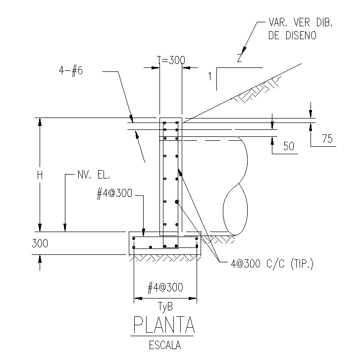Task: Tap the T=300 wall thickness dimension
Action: (x=171, y=60)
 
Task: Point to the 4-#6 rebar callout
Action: (x=70, y=70)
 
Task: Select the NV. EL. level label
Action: (x=93, y=175)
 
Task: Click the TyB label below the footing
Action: (x=165, y=306)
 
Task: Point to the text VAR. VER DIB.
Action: (x=299, y=23)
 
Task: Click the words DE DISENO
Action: (x=292, y=35)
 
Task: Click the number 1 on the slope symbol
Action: (x=210, y=76)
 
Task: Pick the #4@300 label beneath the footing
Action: (x=165, y=287)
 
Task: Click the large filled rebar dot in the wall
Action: (x=177, y=201)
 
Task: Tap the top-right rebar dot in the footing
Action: (x=197, y=239)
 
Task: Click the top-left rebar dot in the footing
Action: (x=134, y=239)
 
